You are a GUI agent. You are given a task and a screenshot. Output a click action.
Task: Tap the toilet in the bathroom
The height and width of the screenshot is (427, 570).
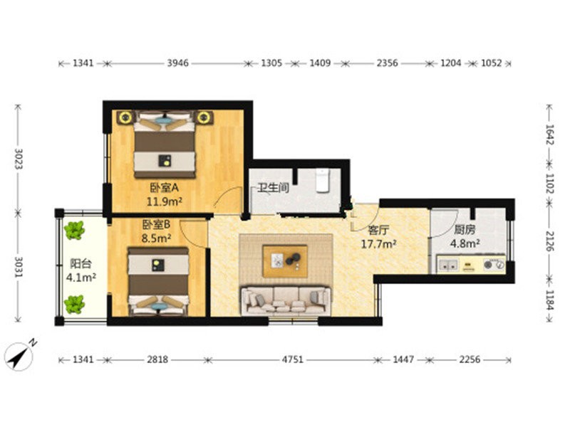[322, 180]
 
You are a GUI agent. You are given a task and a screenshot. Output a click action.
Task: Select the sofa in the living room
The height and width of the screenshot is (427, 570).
[286, 300]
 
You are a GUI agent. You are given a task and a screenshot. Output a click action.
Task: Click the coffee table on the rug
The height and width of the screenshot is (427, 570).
[285, 261]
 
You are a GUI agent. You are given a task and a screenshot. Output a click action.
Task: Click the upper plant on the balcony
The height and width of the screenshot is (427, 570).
[75, 231]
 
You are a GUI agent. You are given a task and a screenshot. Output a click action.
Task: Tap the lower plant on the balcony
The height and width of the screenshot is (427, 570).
[75, 305]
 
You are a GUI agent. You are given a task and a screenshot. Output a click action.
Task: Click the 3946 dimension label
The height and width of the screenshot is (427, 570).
[177, 63]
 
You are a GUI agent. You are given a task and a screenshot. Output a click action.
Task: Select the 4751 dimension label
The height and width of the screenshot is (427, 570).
[293, 359]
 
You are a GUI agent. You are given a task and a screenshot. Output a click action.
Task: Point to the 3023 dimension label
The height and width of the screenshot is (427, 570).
[19, 159]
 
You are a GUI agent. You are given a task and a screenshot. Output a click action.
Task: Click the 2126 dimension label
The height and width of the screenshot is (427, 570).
[549, 241]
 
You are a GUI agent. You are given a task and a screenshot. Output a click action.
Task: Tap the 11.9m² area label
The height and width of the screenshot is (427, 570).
[165, 201]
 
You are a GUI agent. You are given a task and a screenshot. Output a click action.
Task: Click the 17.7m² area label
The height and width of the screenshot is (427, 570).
[378, 244]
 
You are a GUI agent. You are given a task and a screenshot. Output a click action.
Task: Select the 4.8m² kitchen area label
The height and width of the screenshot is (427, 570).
[465, 243]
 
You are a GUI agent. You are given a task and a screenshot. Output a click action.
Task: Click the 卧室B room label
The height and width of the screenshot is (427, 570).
[156, 225]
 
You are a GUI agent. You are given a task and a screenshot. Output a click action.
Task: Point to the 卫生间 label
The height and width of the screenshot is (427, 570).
[274, 188]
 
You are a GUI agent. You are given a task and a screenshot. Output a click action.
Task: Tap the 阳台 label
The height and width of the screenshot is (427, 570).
[81, 263]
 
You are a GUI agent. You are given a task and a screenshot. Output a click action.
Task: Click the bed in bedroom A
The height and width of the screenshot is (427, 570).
[165, 144]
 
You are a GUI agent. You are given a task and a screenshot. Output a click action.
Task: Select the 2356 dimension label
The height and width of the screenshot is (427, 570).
[387, 63]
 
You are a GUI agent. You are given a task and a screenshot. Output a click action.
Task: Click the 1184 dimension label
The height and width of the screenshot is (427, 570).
[549, 300]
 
